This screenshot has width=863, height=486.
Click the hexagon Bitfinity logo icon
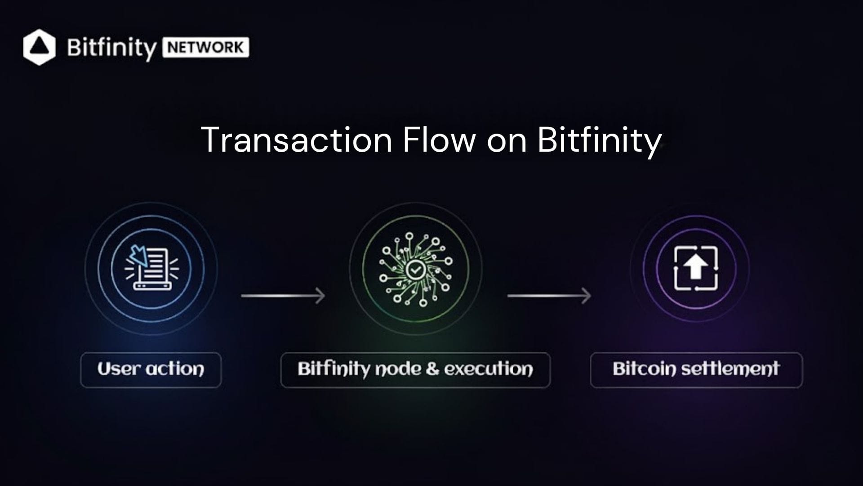tap(40, 47)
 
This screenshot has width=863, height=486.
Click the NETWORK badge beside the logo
tap(206, 47)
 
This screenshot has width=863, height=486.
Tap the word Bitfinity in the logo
tap(111, 48)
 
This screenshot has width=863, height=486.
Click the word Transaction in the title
tap(297, 140)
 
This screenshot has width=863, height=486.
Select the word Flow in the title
tap(439, 140)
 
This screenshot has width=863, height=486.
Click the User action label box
tap(151, 370)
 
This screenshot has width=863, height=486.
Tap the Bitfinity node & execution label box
tap(415, 370)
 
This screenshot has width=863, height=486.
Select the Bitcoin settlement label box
tap(696, 370)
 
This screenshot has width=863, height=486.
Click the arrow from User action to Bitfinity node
tap(283, 296)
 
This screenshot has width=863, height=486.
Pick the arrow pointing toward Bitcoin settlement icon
tap(549, 296)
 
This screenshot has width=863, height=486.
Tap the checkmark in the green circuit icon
tap(415, 270)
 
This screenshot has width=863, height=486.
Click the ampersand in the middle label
tap(432, 369)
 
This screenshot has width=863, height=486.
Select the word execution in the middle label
tap(489, 369)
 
